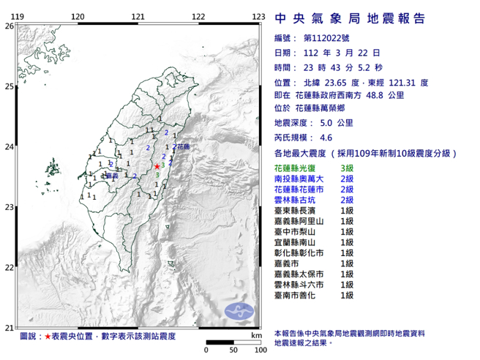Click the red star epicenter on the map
(x=157, y=167)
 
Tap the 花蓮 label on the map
(x=182, y=148)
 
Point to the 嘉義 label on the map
(x=112, y=176)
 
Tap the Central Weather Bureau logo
(x=240, y=311)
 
